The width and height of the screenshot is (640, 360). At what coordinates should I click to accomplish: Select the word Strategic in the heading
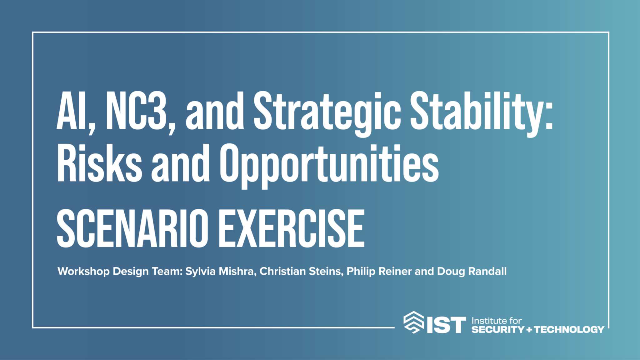[x=327, y=114]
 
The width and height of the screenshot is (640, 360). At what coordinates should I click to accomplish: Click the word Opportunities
[x=329, y=166]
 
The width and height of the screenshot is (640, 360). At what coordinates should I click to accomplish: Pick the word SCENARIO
[x=132, y=228]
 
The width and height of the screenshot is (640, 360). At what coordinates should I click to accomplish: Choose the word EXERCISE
[x=292, y=228]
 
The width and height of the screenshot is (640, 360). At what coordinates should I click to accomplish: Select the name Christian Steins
[x=300, y=271]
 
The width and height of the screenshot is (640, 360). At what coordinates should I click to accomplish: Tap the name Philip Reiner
[x=379, y=271]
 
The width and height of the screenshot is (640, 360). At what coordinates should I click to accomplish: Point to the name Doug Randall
[x=472, y=271]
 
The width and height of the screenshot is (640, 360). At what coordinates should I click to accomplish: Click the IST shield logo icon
[x=414, y=322]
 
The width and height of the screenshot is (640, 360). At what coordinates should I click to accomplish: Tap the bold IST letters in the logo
[x=446, y=325]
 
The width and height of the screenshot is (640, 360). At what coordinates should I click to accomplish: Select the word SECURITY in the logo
[x=498, y=329]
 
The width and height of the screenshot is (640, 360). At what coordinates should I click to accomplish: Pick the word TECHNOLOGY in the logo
[x=569, y=329]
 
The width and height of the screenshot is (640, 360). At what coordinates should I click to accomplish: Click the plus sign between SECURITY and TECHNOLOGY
[x=529, y=330]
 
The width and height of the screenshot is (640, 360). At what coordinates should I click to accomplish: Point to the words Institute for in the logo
[x=497, y=321]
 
